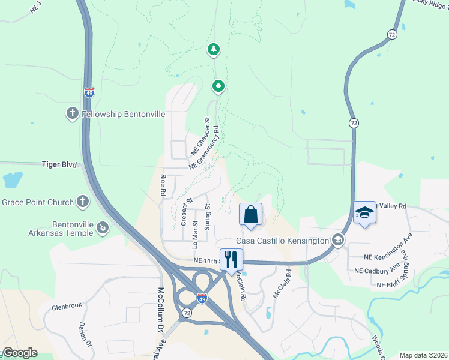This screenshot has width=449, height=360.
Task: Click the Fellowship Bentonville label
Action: [x=115, y=113]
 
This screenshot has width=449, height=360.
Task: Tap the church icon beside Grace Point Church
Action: [x=82, y=202]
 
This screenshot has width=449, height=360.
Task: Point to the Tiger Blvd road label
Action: [x=59, y=163]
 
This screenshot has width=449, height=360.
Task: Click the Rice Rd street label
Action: [x=163, y=185]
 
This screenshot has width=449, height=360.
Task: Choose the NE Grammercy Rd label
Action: [x=205, y=147]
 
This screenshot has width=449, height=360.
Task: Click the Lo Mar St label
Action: [x=194, y=230]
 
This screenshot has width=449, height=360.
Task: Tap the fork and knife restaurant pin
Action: [x=231, y=260]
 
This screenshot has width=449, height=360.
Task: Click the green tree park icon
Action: [x=213, y=49]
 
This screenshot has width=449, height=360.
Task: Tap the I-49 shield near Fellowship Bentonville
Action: [x=89, y=92]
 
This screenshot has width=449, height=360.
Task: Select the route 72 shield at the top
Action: [x=392, y=35]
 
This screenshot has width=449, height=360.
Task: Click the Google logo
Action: [x=19, y=353]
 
